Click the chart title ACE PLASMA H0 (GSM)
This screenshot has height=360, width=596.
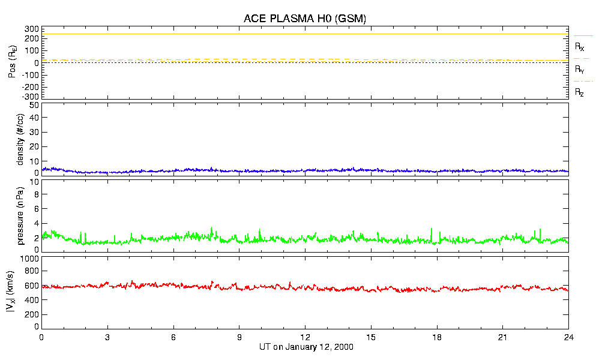pyautogui.click(x=305, y=19)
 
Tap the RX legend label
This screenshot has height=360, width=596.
pyautogui.click(x=579, y=46)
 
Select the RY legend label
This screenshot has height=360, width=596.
pyautogui.click(x=579, y=70)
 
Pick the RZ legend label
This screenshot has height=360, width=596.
pyautogui.click(x=579, y=92)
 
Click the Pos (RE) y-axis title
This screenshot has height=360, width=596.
pyautogui.click(x=13, y=62)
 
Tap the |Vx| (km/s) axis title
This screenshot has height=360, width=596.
pyautogui.click(x=13, y=292)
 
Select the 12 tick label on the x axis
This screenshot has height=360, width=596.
pyautogui.click(x=306, y=338)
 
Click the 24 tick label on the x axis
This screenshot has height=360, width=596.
pyautogui.click(x=568, y=338)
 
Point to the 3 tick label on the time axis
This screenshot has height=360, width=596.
pyautogui.click(x=107, y=338)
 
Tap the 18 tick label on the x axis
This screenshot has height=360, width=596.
pyautogui.click(x=437, y=338)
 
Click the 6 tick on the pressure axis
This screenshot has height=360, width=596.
pyautogui.click(x=36, y=209)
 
